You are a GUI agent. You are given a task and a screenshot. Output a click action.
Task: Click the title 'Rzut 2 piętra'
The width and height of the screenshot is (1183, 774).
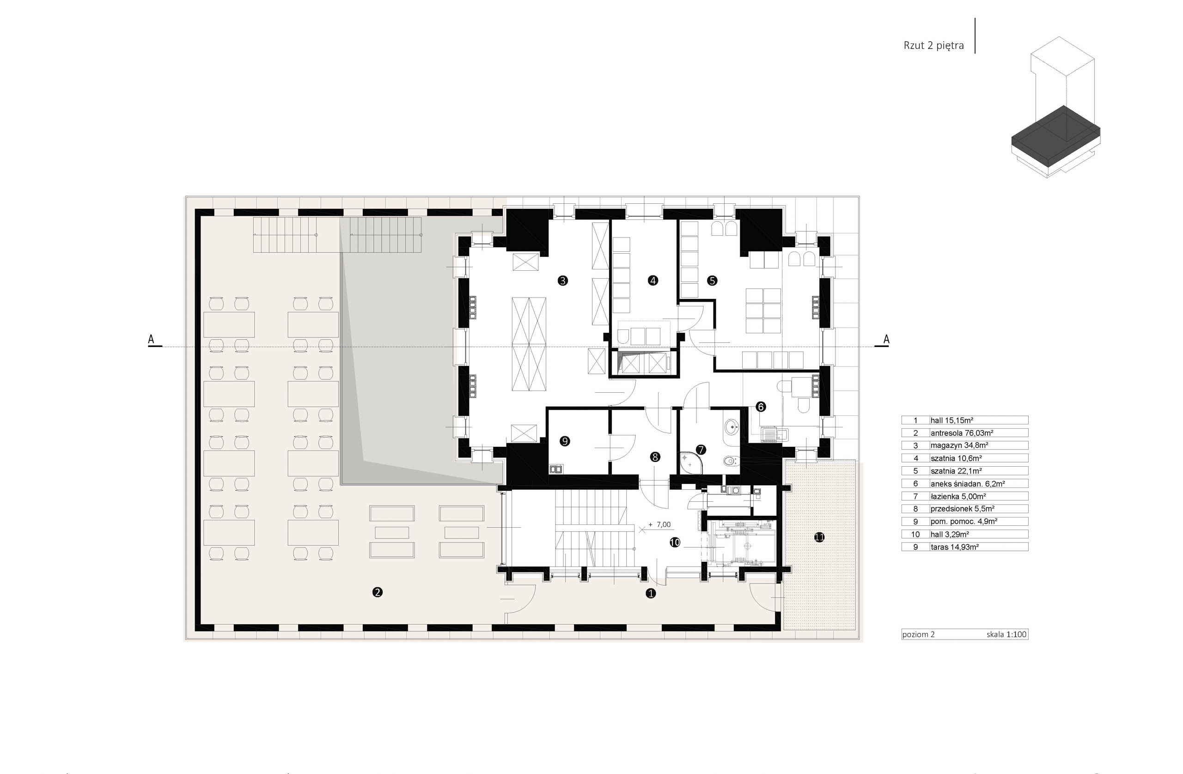click(x=933, y=46)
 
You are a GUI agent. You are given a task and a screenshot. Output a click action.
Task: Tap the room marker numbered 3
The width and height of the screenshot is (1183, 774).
click(x=563, y=280)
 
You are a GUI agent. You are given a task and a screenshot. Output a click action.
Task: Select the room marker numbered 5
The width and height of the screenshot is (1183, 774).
click(x=712, y=280)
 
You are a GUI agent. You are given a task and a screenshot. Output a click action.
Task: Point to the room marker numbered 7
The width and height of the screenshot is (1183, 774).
click(x=701, y=450)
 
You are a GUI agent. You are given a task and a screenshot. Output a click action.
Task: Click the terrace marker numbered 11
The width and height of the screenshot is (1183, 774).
click(x=819, y=537)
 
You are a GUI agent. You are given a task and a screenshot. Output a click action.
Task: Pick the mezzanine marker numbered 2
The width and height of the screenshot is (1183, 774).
click(x=377, y=592)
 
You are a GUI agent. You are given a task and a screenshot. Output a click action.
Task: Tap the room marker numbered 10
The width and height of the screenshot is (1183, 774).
click(x=675, y=542)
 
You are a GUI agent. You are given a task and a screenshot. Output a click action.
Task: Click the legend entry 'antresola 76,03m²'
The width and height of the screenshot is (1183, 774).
click(x=962, y=433)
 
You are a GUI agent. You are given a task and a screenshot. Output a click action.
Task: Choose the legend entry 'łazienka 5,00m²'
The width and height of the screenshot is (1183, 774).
click(x=958, y=496)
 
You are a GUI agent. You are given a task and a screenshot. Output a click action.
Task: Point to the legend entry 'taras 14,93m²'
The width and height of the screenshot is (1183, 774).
click(x=955, y=547)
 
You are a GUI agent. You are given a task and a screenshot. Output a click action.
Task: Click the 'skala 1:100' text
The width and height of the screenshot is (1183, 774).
click(x=1006, y=634)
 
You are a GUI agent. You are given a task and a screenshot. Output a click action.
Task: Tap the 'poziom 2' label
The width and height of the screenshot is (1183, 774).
click(x=919, y=634)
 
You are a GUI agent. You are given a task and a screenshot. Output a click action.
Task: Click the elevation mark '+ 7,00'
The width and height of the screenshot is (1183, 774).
click(x=659, y=524)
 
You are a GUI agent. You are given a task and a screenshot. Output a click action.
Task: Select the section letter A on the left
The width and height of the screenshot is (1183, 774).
click(x=151, y=340)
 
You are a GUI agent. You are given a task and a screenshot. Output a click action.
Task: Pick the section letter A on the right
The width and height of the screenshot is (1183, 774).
click(x=886, y=340)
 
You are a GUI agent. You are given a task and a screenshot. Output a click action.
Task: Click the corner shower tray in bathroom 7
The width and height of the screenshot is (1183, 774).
click(x=688, y=462)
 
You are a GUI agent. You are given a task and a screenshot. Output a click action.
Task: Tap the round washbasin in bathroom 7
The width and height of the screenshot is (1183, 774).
click(x=731, y=427)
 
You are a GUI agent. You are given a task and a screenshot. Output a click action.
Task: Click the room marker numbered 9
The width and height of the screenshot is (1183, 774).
click(x=564, y=441)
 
